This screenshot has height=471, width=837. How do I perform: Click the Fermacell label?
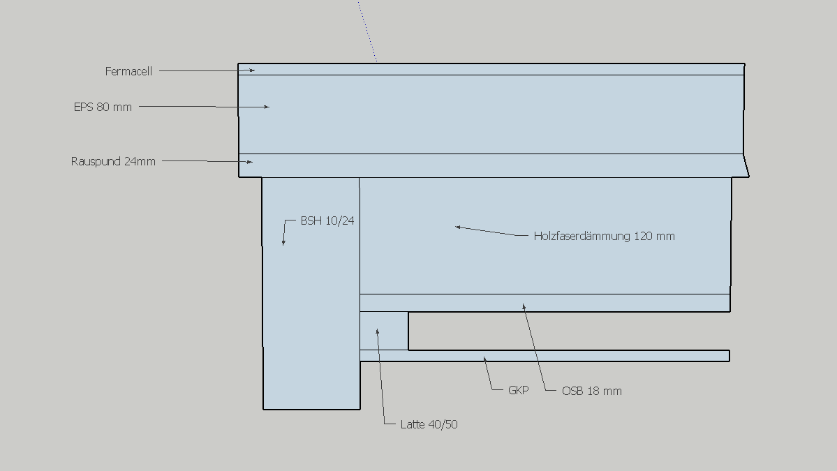128,71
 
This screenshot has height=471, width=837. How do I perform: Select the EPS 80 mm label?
103,107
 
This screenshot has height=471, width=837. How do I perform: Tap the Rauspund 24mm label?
113,162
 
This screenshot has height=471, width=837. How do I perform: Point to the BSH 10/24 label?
327,220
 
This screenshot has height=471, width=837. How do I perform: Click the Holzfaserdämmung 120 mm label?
605,237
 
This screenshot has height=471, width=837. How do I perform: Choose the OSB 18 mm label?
591,391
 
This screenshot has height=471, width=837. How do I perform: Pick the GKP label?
518,391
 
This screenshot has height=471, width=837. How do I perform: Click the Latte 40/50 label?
429,424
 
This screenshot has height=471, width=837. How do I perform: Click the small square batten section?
385,331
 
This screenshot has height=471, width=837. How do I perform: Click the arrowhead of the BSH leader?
283,242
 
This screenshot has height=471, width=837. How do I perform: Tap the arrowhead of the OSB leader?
524,307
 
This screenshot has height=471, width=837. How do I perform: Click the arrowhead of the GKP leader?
484,360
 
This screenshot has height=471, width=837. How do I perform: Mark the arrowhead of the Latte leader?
378,332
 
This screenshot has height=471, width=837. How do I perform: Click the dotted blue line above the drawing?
368,31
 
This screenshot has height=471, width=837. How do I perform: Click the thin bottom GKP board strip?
545,356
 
